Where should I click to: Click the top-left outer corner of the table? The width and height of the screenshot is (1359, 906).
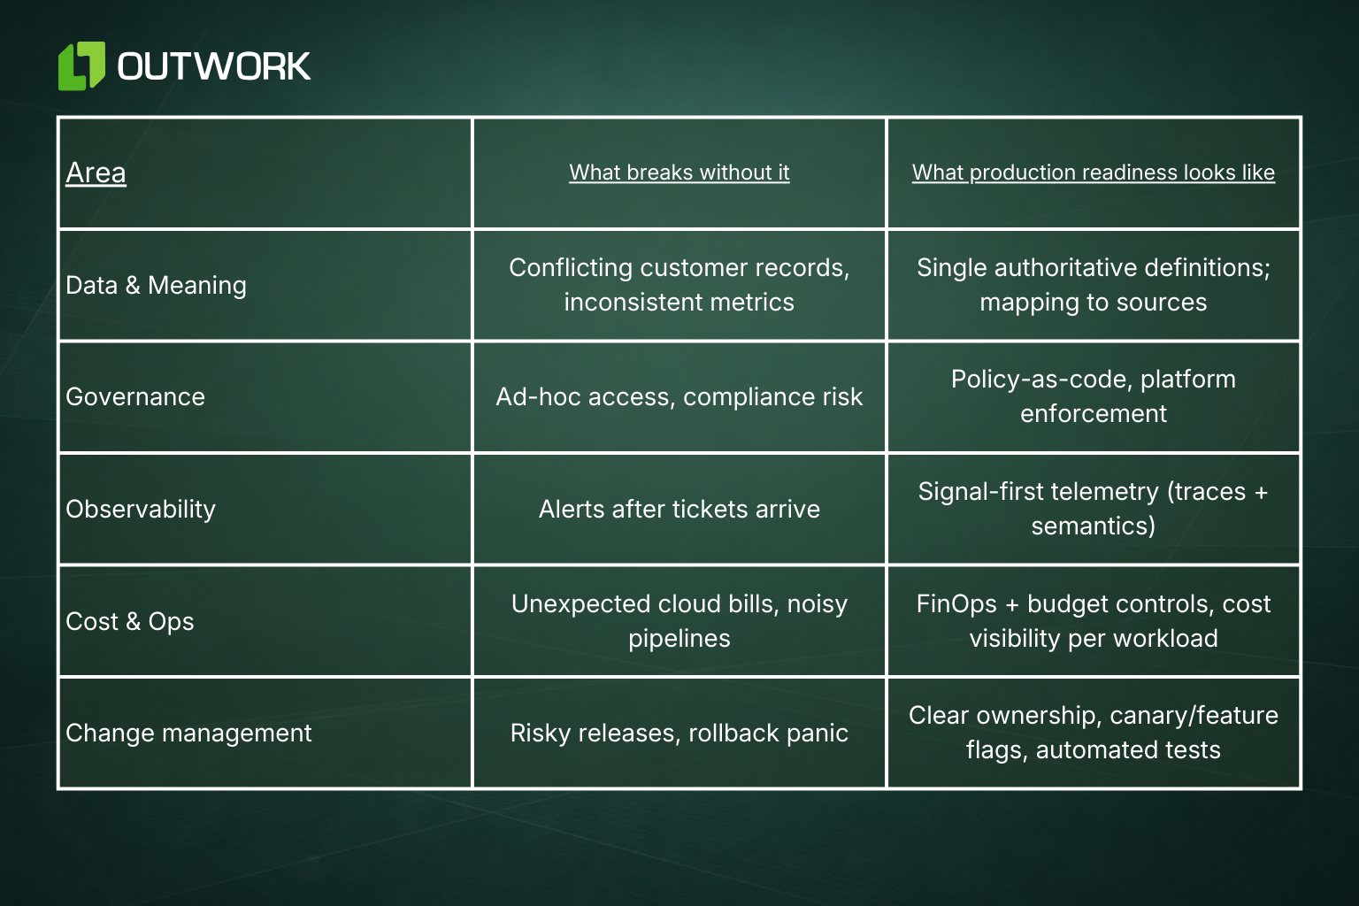[58, 117]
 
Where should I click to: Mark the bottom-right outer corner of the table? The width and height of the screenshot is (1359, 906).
[1301, 789]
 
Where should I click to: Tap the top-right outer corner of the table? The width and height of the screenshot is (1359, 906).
[1301, 117]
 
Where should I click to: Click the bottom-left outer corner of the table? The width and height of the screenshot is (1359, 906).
[58, 789]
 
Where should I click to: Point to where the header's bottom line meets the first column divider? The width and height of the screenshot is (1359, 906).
[472, 229]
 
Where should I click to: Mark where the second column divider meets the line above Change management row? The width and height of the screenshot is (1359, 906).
[887, 677]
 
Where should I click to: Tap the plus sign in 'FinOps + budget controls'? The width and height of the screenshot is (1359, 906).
[1012, 605]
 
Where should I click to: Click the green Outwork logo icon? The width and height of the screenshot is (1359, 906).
[81, 65]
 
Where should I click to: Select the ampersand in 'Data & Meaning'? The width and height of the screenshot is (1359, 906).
[133, 285]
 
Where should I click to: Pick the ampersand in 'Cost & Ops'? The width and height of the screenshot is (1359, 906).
[133, 621]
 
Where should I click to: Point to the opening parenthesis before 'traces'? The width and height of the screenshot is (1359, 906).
[1171, 492]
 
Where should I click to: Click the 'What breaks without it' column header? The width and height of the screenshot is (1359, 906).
[679, 173]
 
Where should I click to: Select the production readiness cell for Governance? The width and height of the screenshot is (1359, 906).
[1094, 396]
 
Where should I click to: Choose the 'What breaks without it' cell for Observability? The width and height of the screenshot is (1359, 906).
[679, 509]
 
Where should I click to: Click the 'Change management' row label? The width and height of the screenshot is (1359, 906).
[188, 733]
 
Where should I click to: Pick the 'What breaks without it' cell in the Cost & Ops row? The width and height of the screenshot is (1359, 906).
[679, 621]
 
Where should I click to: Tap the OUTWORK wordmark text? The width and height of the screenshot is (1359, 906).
[213, 66]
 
